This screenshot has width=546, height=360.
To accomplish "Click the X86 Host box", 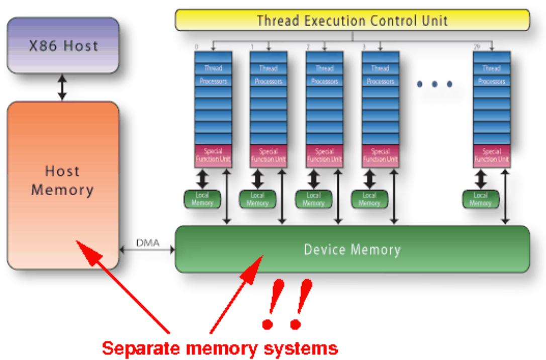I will click(63, 46).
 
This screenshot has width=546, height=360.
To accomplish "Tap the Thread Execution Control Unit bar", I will click(352, 21).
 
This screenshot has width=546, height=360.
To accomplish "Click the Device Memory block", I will click(352, 249).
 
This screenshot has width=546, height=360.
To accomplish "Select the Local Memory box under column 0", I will click(202, 199).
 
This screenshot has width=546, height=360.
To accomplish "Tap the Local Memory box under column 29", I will click(480, 199).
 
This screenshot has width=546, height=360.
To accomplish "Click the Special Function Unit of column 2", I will click(324, 155).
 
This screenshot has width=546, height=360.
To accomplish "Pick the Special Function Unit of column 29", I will click(491, 155).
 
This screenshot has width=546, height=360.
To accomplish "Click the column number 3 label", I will click(364, 47).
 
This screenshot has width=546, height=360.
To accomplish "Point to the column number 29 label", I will click(477, 47).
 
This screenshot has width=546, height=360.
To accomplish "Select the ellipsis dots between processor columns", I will click(434, 84).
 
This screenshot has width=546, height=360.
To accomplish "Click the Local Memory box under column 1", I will click(257, 199).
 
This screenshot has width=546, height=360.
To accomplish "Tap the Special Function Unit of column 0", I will click(213, 155).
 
